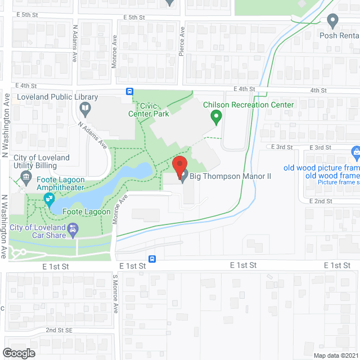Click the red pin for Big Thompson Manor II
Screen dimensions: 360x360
click(x=179, y=166)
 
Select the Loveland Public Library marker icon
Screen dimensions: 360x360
click(x=85, y=107)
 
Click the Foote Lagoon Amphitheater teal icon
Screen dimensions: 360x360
click(x=49, y=199)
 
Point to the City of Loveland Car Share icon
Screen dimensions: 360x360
click(x=73, y=229)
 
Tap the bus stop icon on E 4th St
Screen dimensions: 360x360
click(x=129, y=92)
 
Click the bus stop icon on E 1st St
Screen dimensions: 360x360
click(x=152, y=259)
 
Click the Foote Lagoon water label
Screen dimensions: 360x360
click(x=83, y=212)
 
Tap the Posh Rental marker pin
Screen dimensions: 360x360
click(x=332, y=21)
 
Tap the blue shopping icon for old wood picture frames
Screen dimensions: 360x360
click(x=355, y=152)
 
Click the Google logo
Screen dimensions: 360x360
click(x=18, y=353)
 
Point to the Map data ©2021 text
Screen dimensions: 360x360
click(x=335, y=355)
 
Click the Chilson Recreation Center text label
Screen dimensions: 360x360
click(x=248, y=105)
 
